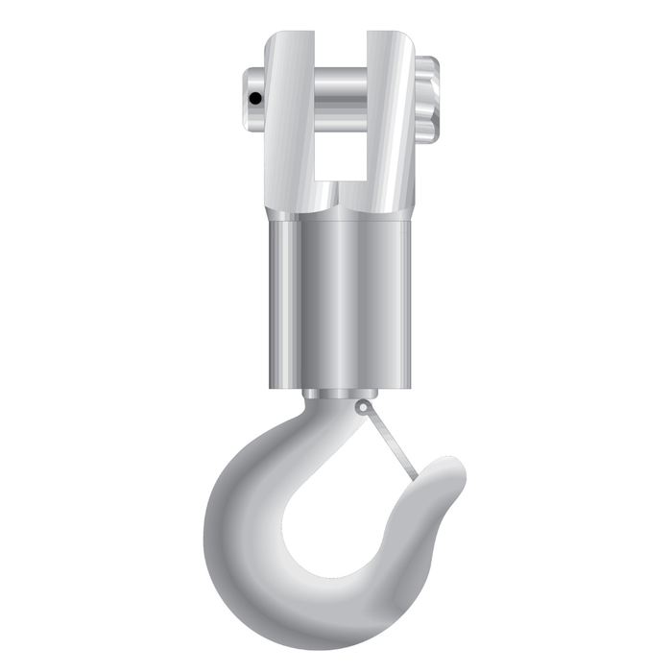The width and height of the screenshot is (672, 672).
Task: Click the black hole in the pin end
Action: pyautogui.click(x=253, y=98)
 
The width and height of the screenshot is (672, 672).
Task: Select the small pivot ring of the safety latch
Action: pyautogui.click(x=362, y=408)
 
